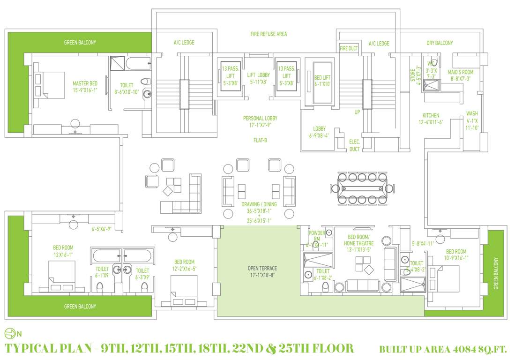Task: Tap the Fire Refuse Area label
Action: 269,34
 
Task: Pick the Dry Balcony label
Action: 440,43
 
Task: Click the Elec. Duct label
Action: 354,145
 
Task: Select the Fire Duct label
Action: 349,48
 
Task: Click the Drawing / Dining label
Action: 259,212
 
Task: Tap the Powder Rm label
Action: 317,236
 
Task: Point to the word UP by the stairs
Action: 357,112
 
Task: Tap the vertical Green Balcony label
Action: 496,273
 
